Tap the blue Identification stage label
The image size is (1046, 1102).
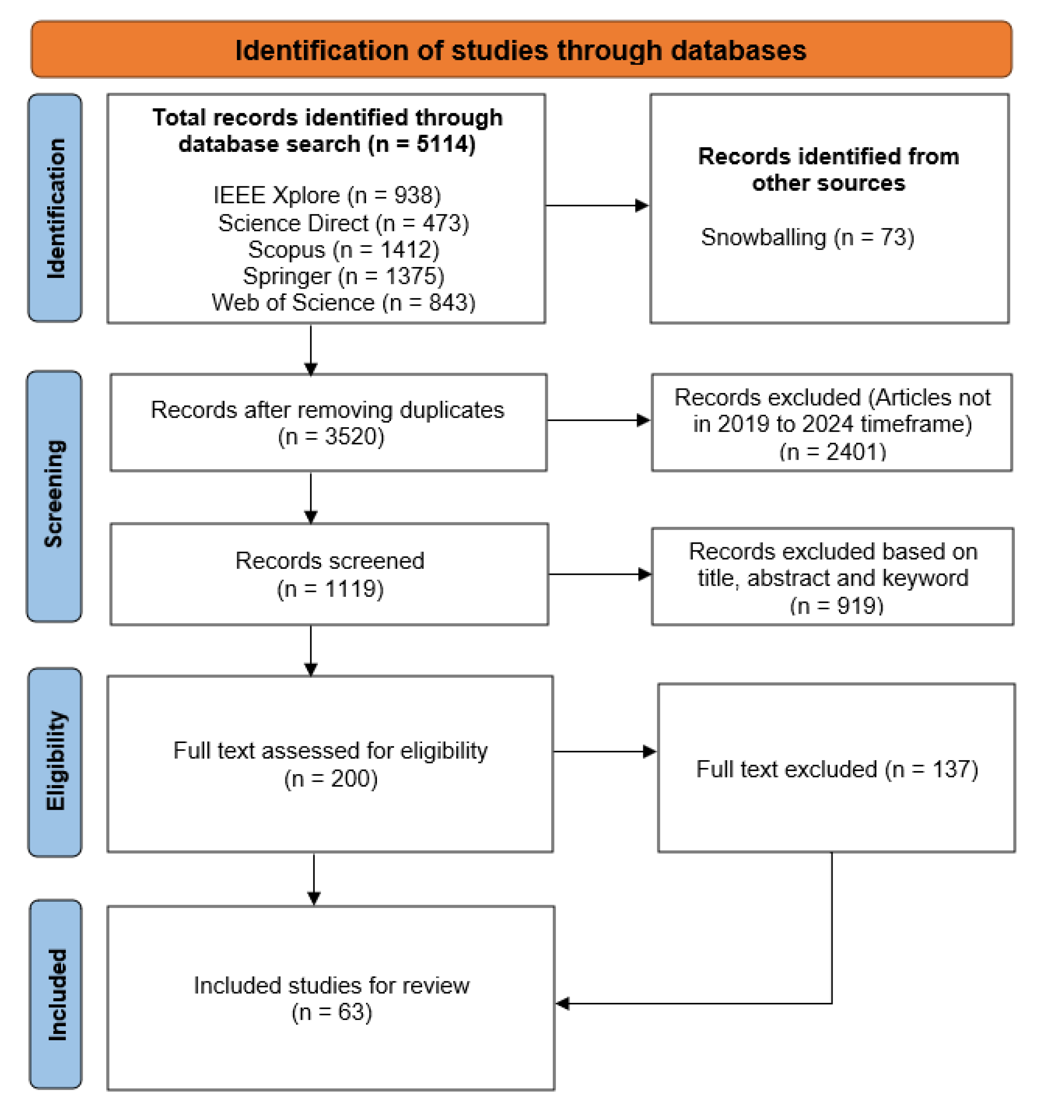[55, 208]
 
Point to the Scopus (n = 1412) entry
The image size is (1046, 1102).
[343, 249]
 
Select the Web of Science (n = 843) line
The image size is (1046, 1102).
[343, 302]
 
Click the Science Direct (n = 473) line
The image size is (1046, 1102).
[343, 223]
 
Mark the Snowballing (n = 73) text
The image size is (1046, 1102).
[807, 237]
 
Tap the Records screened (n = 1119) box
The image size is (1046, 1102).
[329, 574]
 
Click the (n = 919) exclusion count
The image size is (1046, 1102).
[836, 605]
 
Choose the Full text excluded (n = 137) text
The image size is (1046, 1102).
[836, 769]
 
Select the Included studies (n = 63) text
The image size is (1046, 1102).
[331, 998]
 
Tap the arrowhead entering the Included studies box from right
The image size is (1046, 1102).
[563, 1003]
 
